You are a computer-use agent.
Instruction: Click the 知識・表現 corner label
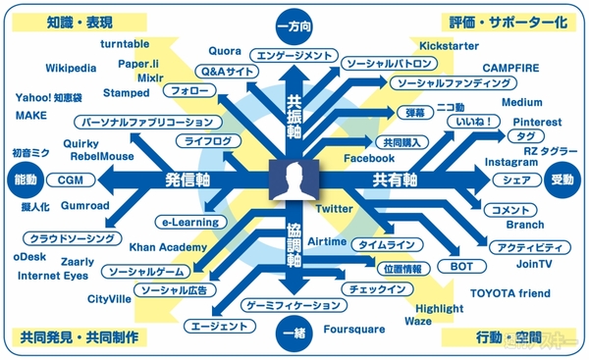(60, 19)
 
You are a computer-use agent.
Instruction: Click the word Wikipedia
(71, 69)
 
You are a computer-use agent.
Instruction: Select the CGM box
(70, 180)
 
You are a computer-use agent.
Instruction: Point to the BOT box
(460, 266)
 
